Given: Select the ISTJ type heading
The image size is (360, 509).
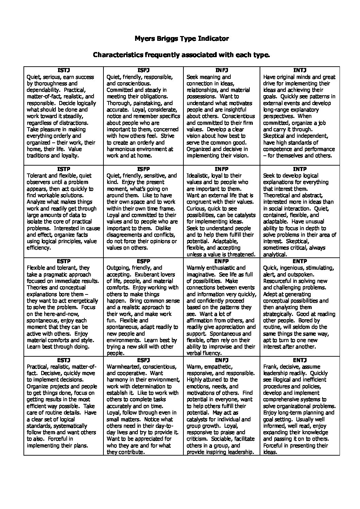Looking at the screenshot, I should click(x=64, y=70).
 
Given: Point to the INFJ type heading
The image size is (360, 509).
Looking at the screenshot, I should click(x=222, y=70).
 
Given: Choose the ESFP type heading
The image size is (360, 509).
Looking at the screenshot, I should click(x=143, y=261).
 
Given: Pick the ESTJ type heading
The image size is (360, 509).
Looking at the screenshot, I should click(x=64, y=360).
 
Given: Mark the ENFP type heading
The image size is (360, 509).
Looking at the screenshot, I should click(x=222, y=261).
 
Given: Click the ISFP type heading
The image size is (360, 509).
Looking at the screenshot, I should click(x=143, y=169).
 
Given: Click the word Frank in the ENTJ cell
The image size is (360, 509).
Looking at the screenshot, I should click(x=271, y=367).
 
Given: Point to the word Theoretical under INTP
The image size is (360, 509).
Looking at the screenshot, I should click(x=277, y=195).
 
